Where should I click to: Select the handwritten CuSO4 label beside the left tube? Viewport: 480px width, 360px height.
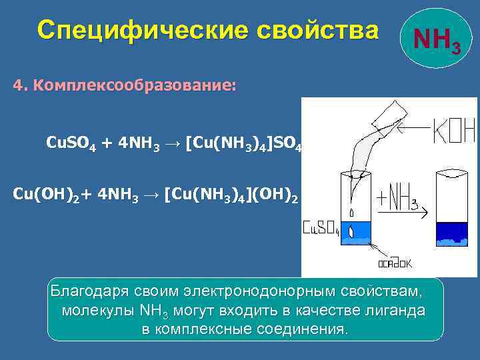[x=321, y=229]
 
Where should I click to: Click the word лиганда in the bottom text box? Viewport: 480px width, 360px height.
[x=395, y=311]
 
